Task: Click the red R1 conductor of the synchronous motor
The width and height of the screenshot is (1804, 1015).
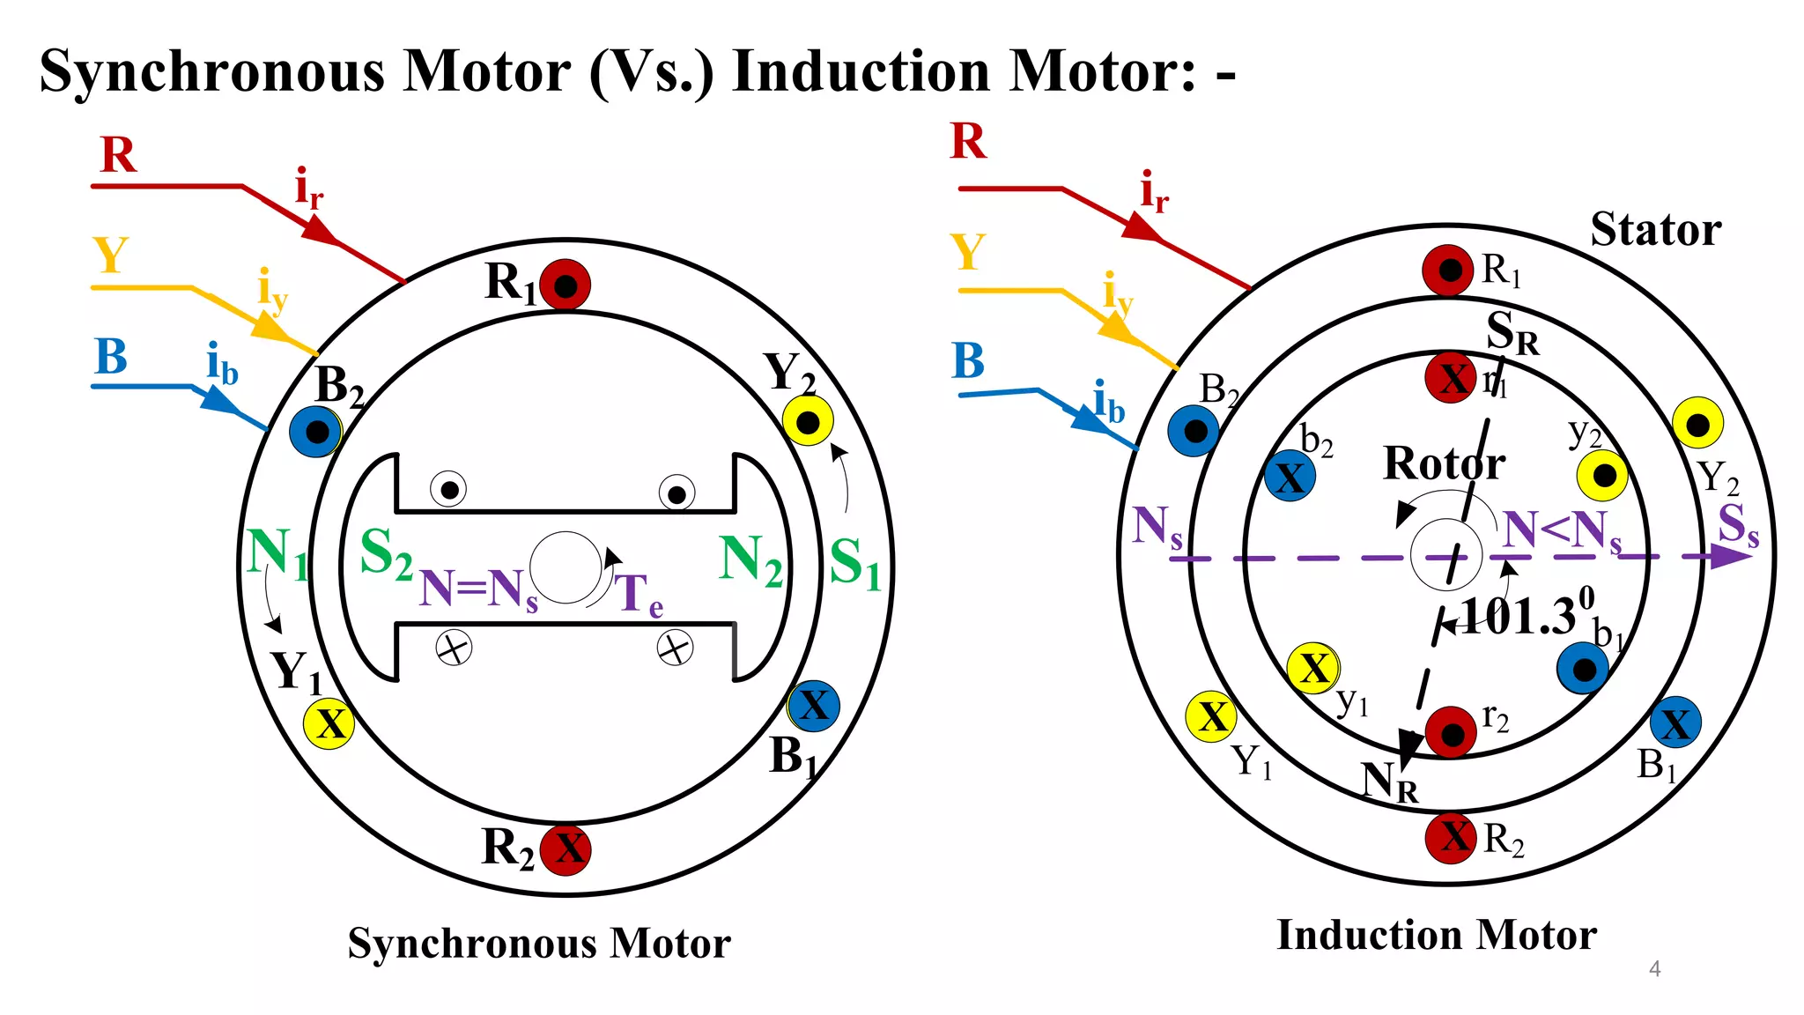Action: (565, 285)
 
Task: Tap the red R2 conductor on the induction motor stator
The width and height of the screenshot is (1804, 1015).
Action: (1451, 837)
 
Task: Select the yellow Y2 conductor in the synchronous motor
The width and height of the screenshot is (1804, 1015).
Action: (808, 421)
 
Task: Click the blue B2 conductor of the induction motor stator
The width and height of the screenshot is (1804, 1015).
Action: (1194, 431)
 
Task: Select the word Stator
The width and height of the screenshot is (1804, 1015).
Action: (1655, 230)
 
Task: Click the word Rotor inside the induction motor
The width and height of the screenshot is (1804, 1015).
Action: (1444, 463)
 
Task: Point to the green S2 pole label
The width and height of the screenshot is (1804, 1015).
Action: (386, 554)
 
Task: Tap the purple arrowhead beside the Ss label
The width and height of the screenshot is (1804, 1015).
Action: (1730, 557)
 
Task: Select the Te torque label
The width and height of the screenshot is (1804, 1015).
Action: (638, 595)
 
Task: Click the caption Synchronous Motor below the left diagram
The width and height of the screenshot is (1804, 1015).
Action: (539, 944)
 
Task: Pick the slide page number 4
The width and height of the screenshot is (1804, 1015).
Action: (1654, 969)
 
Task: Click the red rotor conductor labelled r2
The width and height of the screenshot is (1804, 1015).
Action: (1450, 732)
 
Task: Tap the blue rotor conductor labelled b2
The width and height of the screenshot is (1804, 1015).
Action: (1290, 477)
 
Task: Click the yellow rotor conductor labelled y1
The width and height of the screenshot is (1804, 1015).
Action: (1313, 668)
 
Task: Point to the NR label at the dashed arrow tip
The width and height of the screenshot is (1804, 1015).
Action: (1389, 782)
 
